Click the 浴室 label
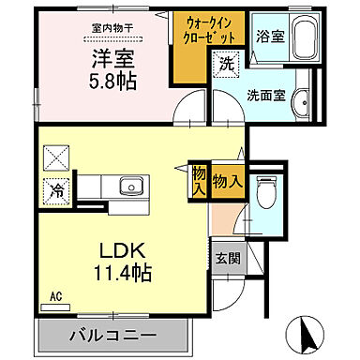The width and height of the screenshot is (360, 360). click(270, 37)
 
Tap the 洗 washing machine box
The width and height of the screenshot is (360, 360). click(226, 65)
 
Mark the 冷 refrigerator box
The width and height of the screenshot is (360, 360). click(57, 189)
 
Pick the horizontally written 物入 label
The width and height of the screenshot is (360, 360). click(228, 178)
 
